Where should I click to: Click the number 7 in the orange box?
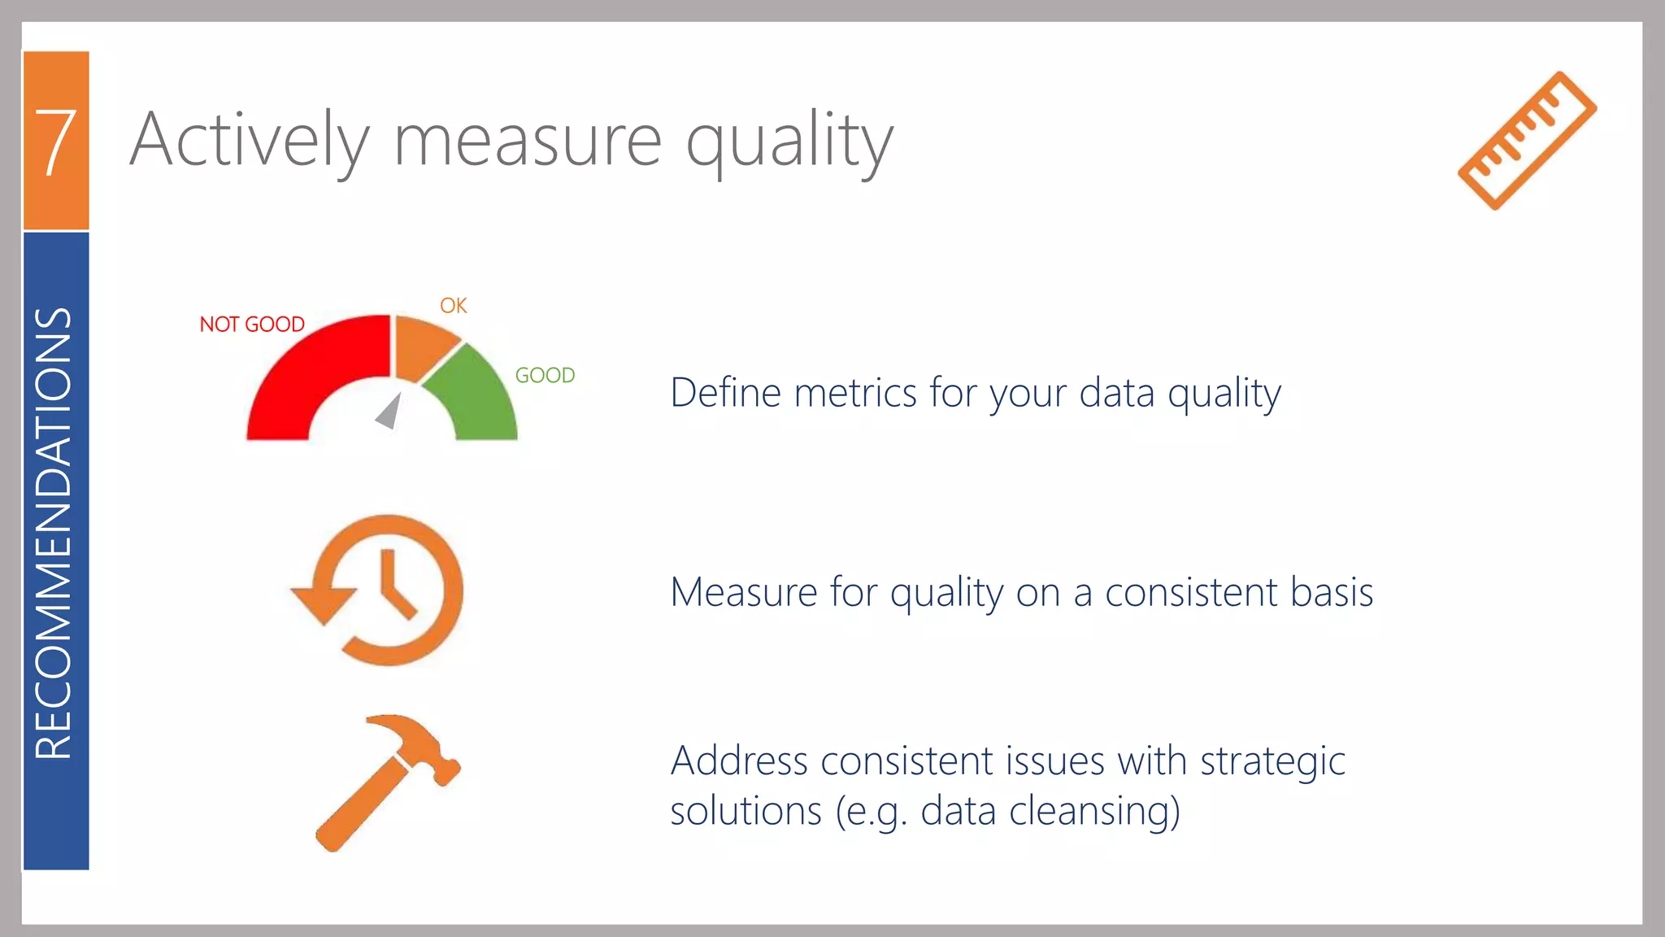tap(55, 142)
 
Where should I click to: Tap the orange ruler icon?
tap(1527, 141)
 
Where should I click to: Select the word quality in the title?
tap(789, 142)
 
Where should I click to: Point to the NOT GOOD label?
tap(252, 325)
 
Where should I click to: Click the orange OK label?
tap(454, 306)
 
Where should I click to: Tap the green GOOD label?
tap(545, 375)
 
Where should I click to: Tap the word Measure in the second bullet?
tap(743, 592)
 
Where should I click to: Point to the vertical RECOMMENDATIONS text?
tap(54, 533)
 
